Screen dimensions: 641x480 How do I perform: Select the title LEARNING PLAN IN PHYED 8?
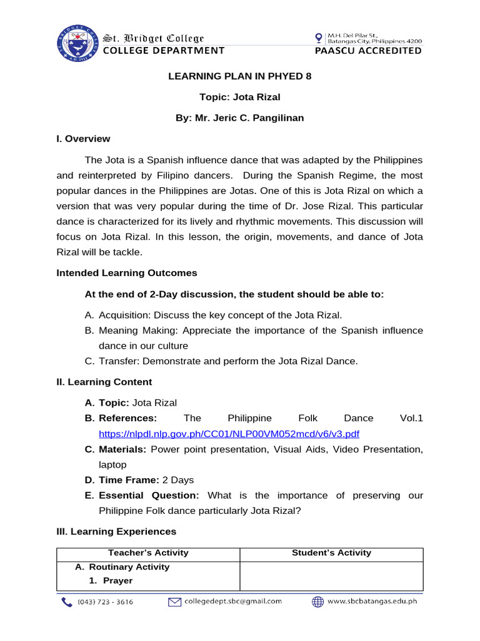(x=240, y=76)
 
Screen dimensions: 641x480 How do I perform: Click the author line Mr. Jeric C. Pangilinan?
(x=240, y=118)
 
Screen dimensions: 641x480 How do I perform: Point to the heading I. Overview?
(x=83, y=138)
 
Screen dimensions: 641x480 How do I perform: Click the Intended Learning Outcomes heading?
(x=126, y=273)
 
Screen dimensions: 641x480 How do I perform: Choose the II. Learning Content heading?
(x=104, y=382)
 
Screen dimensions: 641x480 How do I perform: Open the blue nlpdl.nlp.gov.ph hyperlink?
(x=229, y=434)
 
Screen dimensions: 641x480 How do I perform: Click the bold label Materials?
(x=116, y=449)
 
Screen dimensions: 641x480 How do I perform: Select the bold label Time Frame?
(x=121, y=480)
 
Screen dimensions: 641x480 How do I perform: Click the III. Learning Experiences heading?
(x=116, y=531)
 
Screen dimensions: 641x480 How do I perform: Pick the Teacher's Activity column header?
(x=148, y=553)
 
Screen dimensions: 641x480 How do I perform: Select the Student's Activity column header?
(x=331, y=553)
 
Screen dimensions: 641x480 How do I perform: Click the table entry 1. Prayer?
(x=109, y=581)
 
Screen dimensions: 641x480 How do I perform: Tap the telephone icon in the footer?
(x=66, y=602)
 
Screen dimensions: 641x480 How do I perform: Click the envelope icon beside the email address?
(x=174, y=602)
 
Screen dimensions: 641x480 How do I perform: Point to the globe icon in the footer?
(x=317, y=602)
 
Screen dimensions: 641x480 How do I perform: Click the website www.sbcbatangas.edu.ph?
(x=372, y=602)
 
